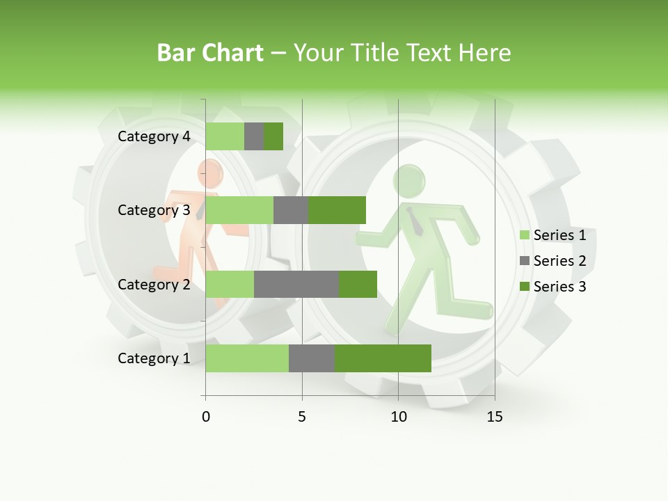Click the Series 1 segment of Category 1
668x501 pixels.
click(247, 358)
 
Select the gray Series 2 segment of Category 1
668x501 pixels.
click(312, 358)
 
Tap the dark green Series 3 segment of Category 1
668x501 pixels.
click(383, 358)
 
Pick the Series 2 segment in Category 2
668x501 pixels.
click(296, 284)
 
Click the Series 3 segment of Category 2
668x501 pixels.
click(358, 284)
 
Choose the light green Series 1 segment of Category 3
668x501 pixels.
click(239, 210)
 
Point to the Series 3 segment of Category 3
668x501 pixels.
click(337, 210)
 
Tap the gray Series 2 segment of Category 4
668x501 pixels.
click(254, 136)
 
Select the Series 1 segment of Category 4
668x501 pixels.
click(225, 136)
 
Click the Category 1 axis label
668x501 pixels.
click(154, 358)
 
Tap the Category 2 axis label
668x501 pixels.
click(154, 284)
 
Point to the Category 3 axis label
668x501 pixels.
click(154, 210)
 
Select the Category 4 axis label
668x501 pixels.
click(154, 136)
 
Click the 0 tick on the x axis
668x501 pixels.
click(206, 417)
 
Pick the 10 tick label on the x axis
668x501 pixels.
click(398, 417)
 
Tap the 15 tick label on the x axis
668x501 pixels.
click(495, 417)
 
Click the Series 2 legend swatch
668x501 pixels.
click(525, 261)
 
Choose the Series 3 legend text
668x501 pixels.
click(559, 287)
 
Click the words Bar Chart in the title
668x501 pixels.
click(210, 53)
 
